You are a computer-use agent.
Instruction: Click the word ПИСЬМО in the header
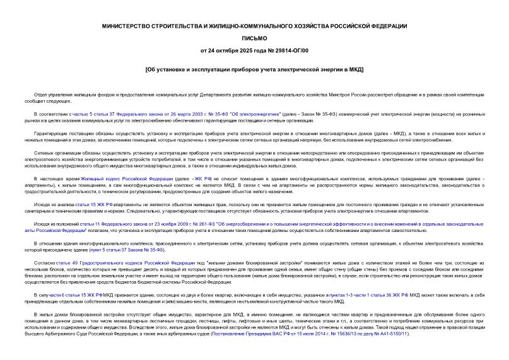(254, 38)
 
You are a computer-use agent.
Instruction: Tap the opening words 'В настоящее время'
(54, 178)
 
